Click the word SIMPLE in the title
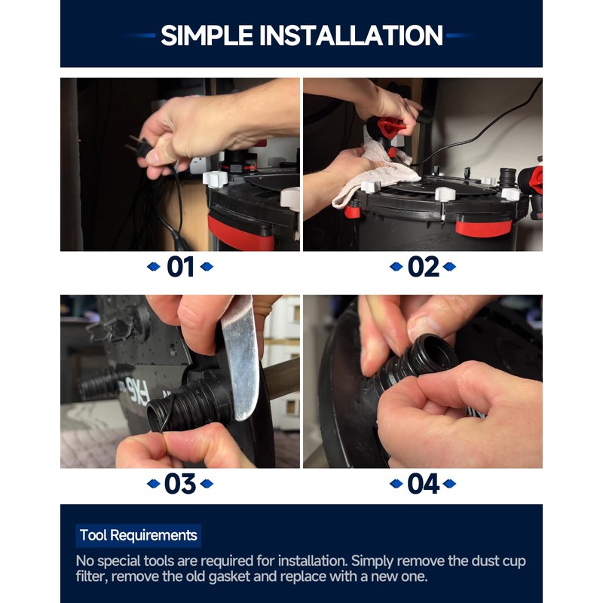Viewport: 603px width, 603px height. click(207, 35)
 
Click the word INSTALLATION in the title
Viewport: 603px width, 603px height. click(351, 35)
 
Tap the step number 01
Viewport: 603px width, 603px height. click(180, 267)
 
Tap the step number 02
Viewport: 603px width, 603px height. click(423, 267)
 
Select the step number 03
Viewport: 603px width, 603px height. click(180, 483)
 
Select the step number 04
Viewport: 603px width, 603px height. click(423, 483)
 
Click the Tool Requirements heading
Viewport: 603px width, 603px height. click(139, 535)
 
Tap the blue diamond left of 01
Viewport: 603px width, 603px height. click(154, 267)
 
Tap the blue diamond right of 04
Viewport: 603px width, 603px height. click(449, 483)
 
